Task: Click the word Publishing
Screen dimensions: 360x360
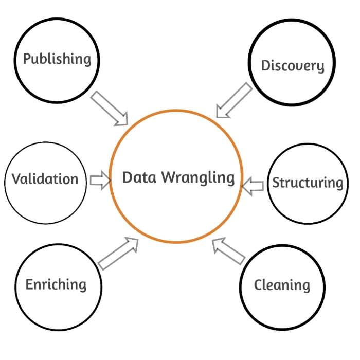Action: tap(57, 59)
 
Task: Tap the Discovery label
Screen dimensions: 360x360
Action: tap(293, 66)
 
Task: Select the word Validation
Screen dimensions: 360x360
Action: tap(45, 179)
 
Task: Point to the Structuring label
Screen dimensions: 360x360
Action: tap(307, 183)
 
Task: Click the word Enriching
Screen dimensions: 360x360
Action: tap(56, 284)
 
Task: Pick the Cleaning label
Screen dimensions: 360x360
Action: tap(282, 285)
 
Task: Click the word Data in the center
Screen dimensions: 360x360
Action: tap(139, 177)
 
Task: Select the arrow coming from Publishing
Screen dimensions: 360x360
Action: tap(110, 109)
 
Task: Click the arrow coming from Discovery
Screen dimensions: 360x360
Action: tap(234, 101)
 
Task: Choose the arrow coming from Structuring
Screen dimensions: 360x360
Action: tap(253, 185)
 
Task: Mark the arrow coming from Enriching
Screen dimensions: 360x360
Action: tap(118, 254)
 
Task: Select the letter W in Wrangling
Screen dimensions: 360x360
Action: tap(169, 177)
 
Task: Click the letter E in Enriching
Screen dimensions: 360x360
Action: tap(30, 284)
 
